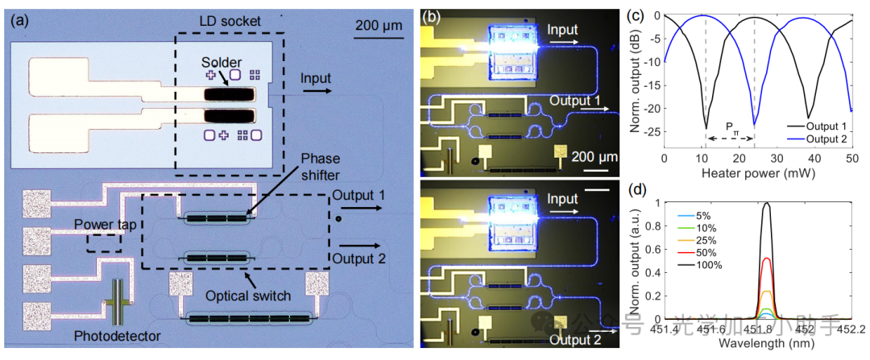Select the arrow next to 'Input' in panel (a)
(317, 91)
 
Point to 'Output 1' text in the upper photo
(576, 100)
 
